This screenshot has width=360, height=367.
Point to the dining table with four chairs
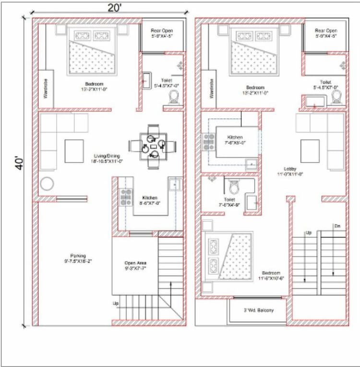point(153,145)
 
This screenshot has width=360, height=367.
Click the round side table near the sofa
point(47,184)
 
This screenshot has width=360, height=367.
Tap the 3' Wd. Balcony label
point(258,310)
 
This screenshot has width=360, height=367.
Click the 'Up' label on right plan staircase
point(308,233)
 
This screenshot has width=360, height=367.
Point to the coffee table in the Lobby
point(310,150)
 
